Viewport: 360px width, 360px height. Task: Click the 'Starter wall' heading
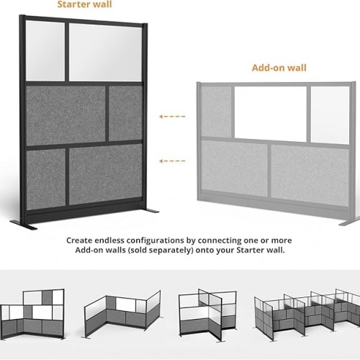pyautogui.click(x=84, y=4)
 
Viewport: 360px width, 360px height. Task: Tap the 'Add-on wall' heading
pyautogui.click(x=279, y=68)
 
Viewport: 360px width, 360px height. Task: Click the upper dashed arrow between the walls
pyautogui.click(x=172, y=117)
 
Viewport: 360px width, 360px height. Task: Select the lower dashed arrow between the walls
pyautogui.click(x=172, y=161)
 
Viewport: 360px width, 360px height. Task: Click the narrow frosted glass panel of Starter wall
pyautogui.click(x=45, y=51)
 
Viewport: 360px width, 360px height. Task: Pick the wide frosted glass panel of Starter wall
pyautogui.click(x=106, y=53)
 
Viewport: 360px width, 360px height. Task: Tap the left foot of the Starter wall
pyautogui.click(x=24, y=225)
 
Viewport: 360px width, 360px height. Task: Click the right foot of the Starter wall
pyautogui.click(x=151, y=211)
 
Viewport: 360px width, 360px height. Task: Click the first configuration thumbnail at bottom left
pyautogui.click(x=32, y=314)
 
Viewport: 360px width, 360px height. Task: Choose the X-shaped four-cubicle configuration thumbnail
pyautogui.click(x=207, y=315)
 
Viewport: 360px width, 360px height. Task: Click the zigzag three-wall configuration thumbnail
pyautogui.click(x=122, y=314)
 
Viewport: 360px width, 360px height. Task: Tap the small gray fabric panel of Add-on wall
pyautogui.click(x=216, y=112)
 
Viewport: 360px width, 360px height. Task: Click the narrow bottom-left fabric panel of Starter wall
pyautogui.click(x=45, y=179)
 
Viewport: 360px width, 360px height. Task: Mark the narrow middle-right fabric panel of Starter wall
pyautogui.click(x=126, y=113)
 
